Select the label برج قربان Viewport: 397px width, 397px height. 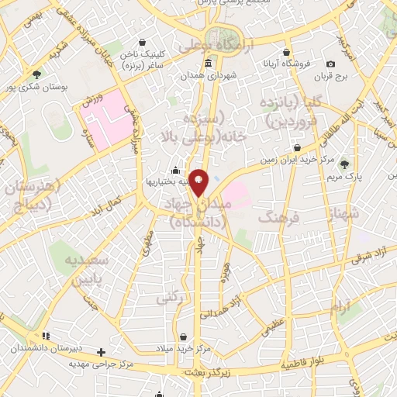click(333, 78)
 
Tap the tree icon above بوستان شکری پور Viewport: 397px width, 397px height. click(36, 74)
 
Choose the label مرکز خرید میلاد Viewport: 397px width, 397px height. click(183, 350)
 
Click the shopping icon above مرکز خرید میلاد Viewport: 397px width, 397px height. click(183, 337)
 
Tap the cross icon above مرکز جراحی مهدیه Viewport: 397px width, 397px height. click(101, 351)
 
